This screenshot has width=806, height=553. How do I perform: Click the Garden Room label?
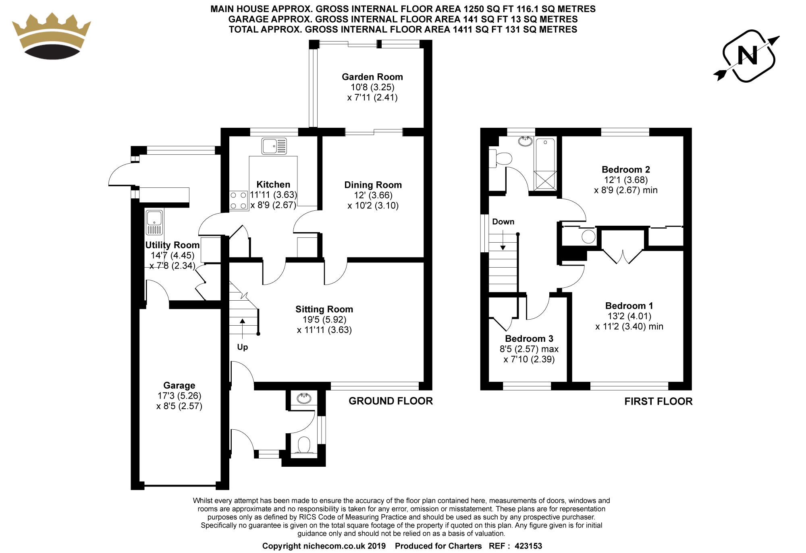[x=372, y=77]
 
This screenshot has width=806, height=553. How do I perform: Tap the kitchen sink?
[x=274, y=146]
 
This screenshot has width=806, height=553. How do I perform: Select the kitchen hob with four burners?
[x=239, y=200]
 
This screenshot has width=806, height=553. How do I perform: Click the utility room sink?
[x=154, y=222]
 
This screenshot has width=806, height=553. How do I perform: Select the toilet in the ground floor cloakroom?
[x=303, y=446]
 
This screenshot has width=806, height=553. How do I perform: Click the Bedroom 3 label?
[x=529, y=339]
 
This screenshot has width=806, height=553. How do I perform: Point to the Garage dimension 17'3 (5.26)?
[x=179, y=396]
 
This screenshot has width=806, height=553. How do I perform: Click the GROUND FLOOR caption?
[x=391, y=401]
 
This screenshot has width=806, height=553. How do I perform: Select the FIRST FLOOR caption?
[x=659, y=401]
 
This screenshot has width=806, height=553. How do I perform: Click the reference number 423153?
[x=528, y=546]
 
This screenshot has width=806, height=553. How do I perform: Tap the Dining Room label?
[x=373, y=185]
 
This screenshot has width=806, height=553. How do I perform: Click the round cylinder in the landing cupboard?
[x=588, y=237]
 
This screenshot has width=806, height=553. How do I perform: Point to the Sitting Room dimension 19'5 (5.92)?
[x=324, y=320]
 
